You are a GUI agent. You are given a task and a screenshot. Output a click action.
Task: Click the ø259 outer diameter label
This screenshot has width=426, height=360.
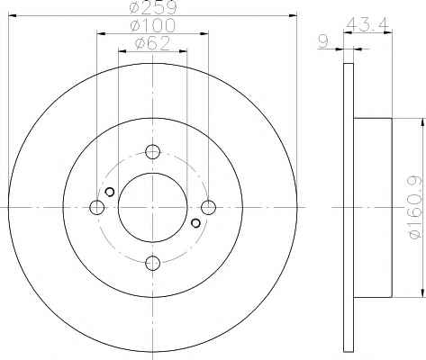pos(153,7)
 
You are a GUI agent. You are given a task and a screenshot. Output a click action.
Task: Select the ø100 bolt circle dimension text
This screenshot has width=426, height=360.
pos(153,25)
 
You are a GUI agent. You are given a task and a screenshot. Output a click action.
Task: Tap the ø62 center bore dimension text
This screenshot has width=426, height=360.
pos(153,44)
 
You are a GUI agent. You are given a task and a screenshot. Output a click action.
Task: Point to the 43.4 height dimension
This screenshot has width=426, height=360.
pos(367,24)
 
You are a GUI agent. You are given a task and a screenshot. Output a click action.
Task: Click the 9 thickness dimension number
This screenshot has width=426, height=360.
pos(323,41)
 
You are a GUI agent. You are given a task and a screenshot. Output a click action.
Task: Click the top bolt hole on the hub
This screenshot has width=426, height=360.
pos(152,152)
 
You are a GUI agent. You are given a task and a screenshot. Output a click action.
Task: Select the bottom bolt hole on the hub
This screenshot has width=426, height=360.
pos(152,263)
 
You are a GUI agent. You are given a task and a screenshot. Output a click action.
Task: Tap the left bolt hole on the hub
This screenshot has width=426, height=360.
pos(97,207)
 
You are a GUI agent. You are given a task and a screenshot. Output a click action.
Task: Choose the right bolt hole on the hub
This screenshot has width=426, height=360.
pos(208,207)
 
